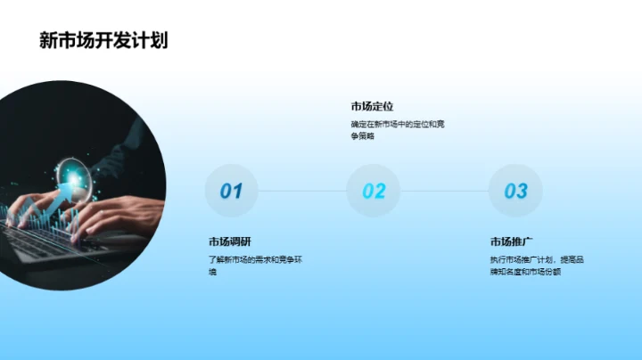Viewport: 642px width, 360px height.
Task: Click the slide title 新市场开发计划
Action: point(103,40)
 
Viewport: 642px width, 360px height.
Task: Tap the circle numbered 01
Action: point(231,191)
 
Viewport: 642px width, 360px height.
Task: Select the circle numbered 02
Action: point(374,191)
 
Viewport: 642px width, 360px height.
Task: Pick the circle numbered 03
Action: point(515,191)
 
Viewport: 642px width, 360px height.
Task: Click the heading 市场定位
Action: point(373,107)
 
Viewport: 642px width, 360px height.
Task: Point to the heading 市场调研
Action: point(231,241)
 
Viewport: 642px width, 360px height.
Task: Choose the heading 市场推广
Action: point(512,241)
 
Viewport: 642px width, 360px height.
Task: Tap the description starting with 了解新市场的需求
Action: point(256,265)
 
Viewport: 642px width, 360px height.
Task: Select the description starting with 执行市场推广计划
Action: point(537,265)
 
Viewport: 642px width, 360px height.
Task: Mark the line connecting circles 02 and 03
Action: point(444,191)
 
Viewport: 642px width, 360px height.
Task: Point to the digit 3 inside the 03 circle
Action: point(522,191)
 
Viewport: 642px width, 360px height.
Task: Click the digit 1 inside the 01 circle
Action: point(238,191)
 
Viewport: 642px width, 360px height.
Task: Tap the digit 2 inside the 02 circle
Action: point(380,191)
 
